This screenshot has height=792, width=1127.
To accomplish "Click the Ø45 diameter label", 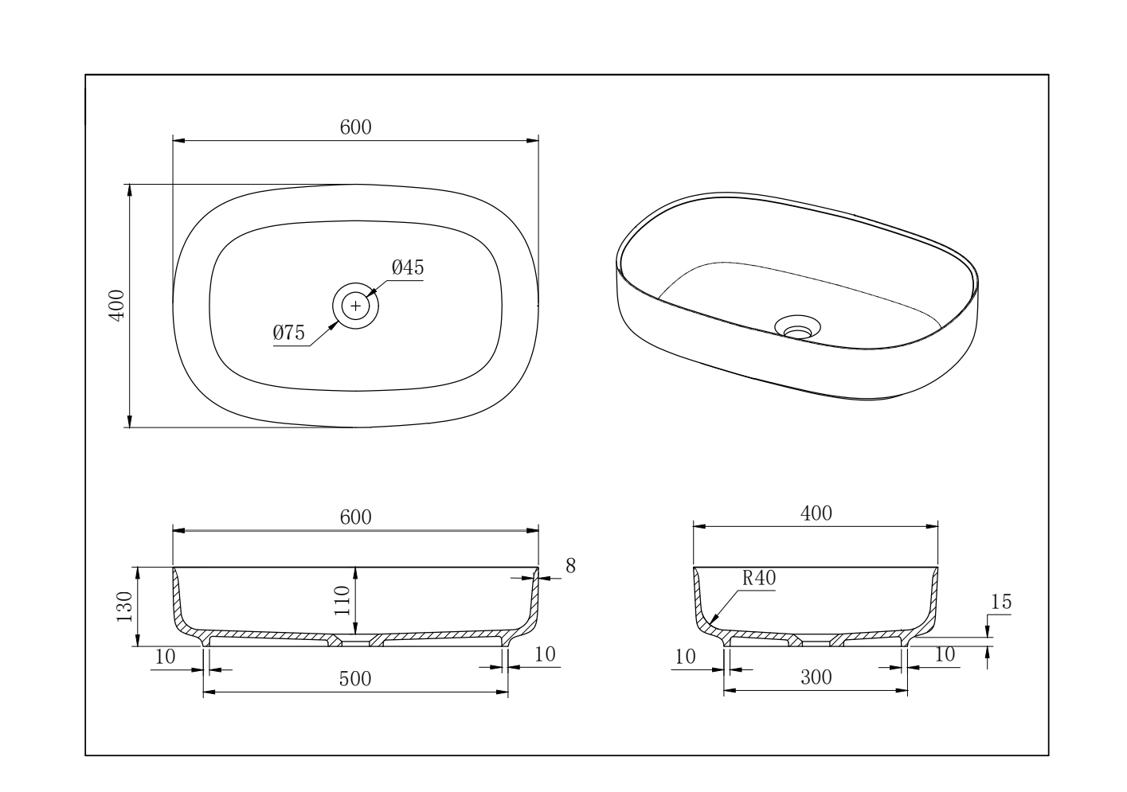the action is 408,267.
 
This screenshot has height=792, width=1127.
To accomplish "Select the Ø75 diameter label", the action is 289,333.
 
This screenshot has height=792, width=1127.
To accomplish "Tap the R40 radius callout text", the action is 759,579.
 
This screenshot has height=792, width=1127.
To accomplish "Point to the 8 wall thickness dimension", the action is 570,566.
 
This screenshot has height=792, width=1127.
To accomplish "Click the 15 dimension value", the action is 1000,602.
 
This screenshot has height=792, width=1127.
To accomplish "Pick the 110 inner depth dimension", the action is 342,600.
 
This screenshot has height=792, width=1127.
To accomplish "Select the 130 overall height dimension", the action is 124,607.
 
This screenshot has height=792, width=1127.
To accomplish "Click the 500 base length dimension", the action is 355,679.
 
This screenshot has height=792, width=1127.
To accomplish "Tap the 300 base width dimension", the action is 816,677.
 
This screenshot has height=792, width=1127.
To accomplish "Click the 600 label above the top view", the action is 356,127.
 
